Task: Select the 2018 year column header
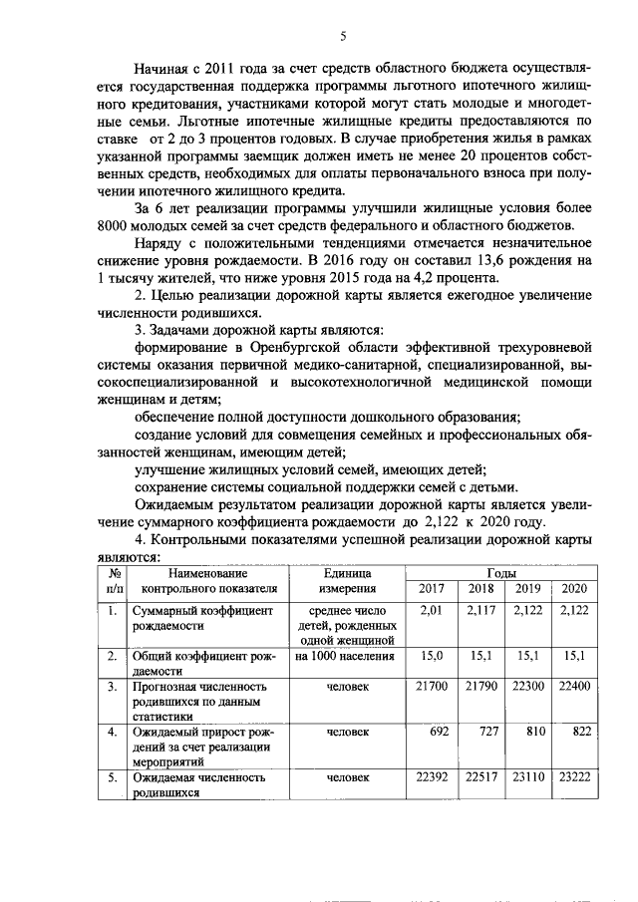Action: point(481,588)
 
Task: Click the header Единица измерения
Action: point(346,581)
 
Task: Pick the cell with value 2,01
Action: point(431,609)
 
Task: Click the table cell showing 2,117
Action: point(481,609)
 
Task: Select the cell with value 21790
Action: point(481,687)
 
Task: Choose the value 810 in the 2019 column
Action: point(530,732)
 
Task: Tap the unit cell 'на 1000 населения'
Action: point(346,656)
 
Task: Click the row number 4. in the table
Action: point(114,732)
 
